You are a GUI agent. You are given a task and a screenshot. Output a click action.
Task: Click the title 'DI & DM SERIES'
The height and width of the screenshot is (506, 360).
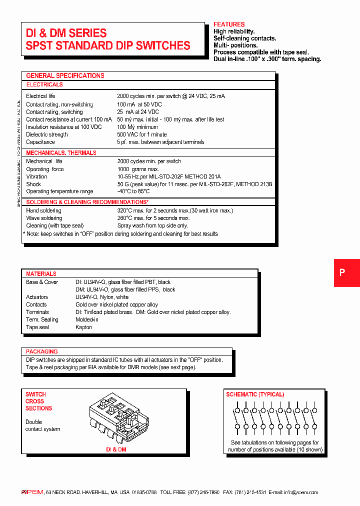click(66, 33)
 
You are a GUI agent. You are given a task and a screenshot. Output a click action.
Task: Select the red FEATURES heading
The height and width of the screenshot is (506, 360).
click(229, 24)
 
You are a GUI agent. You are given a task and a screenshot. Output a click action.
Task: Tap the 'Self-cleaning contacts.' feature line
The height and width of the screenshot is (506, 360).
click(244, 38)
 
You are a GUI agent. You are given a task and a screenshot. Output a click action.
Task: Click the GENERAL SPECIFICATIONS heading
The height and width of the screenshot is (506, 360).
click(65, 75)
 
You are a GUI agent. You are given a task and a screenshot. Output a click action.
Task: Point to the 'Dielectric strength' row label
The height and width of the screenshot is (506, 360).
click(47, 134)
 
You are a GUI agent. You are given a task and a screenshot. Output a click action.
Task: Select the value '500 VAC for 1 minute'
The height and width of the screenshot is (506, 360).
click(142, 134)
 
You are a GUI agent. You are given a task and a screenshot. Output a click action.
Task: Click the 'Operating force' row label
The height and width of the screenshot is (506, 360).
click(45, 169)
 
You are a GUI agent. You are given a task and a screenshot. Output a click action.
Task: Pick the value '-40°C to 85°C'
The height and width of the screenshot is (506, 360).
click(133, 191)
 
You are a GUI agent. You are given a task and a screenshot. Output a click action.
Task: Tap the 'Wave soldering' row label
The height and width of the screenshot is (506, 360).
click(44, 218)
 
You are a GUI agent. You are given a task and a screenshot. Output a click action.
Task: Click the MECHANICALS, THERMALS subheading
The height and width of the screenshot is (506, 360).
click(61, 152)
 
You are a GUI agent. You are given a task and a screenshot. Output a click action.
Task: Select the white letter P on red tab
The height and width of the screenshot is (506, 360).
click(342, 272)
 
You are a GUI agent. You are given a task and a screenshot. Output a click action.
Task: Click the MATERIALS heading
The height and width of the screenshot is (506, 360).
click(41, 274)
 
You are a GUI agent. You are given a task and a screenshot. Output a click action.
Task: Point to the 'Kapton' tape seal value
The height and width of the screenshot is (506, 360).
click(83, 327)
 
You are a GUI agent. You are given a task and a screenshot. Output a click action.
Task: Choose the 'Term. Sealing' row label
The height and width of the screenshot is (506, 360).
click(42, 319)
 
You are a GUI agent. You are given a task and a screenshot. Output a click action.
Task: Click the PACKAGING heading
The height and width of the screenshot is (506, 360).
click(42, 351)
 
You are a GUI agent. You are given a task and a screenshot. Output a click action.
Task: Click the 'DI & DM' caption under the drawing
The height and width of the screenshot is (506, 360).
click(116, 449)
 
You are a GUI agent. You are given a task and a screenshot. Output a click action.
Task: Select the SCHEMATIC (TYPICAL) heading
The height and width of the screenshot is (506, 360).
click(255, 394)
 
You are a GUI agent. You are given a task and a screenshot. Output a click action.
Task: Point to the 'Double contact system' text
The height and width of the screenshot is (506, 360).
click(42, 425)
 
